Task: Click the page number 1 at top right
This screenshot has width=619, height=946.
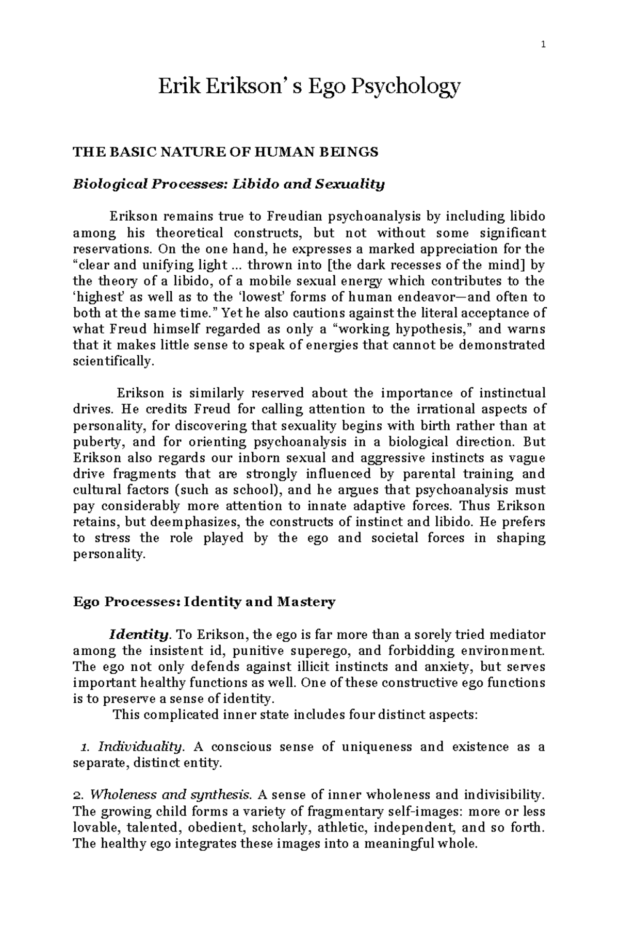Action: click(543, 44)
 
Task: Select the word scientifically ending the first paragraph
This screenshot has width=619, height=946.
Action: click(113, 361)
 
